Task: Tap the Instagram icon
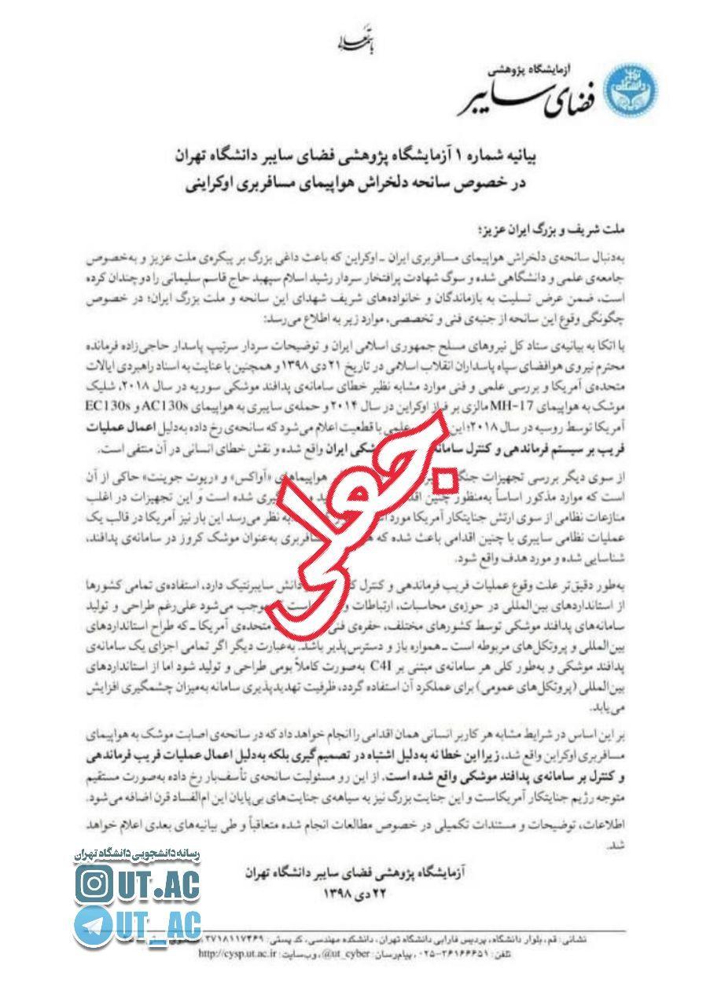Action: [94, 884]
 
